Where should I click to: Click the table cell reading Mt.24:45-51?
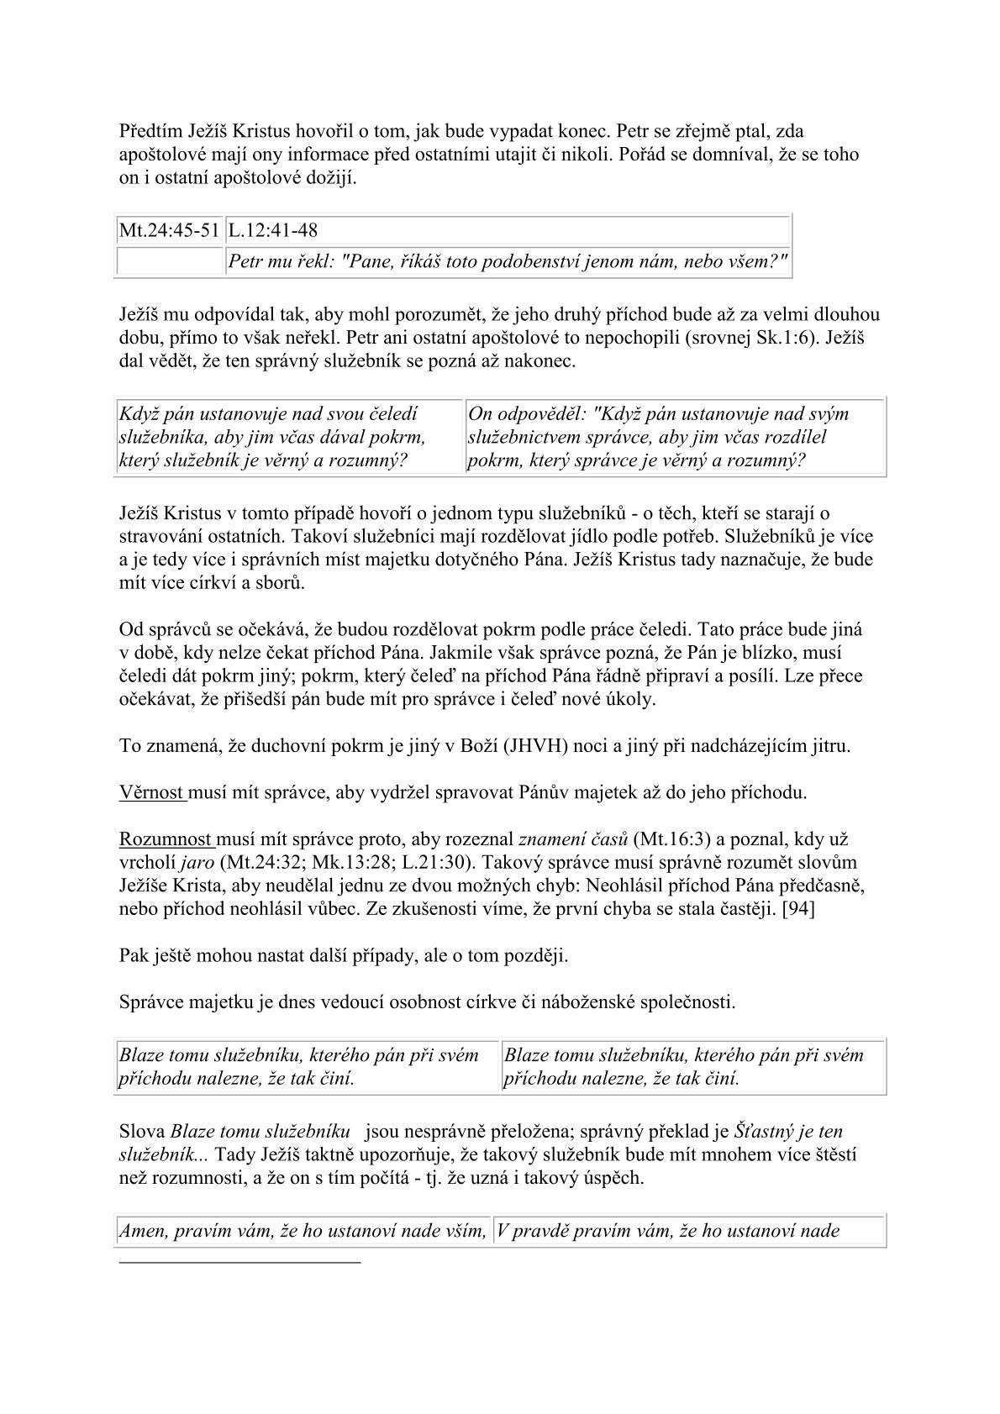170,229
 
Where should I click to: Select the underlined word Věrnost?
152,791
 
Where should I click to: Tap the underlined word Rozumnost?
166,838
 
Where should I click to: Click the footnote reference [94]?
797,909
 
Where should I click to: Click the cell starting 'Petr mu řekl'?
508,262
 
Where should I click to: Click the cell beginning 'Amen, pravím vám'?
303,1231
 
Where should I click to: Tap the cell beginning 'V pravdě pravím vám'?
689,1231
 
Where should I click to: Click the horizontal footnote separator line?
239,1261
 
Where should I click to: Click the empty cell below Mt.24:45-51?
170,262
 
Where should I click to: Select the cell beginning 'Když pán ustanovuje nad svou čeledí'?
289,437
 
